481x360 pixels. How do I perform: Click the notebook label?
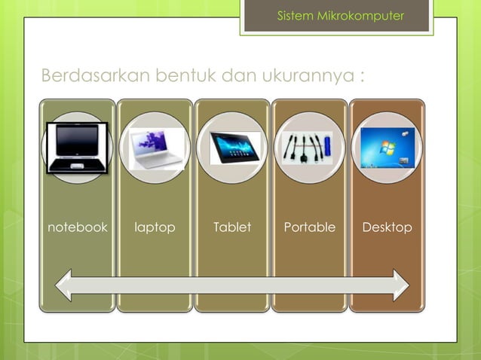click(x=78, y=227)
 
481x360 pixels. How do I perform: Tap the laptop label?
click(x=155, y=227)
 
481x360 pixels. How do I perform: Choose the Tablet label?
click(x=232, y=227)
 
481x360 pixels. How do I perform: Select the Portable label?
click(x=309, y=227)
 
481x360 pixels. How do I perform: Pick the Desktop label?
click(x=387, y=227)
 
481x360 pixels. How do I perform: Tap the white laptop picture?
click(x=156, y=148)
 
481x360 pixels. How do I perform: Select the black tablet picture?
click(x=234, y=148)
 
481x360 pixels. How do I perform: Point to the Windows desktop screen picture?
click(x=387, y=148)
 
